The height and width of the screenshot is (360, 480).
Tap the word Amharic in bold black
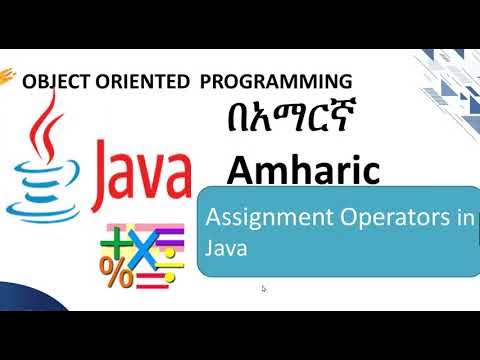click(302, 169)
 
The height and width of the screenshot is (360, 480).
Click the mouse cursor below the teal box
click(263, 289)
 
